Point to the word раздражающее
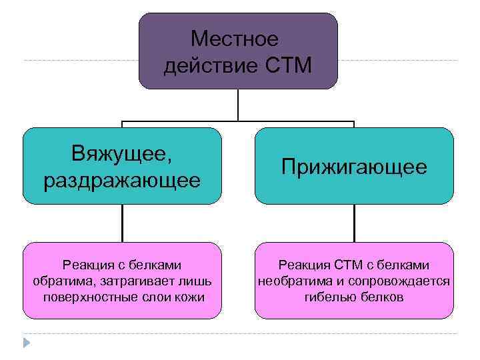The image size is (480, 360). click(121, 179)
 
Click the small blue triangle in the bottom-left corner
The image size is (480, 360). click(26, 343)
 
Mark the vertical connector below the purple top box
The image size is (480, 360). click(238, 106)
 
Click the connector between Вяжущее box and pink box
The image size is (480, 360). click(122, 223)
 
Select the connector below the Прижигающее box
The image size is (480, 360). click(354, 223)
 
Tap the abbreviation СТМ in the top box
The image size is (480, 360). click(288, 65)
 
